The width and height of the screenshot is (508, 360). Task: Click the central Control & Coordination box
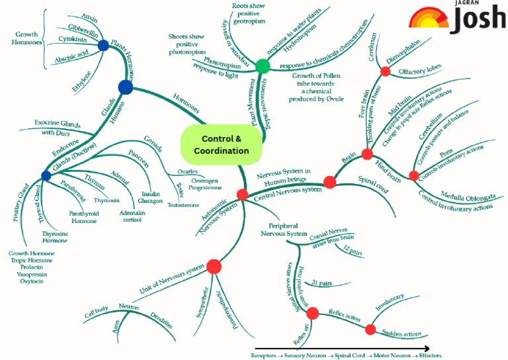(x=221, y=144)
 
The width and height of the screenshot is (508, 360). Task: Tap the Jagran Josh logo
(x=456, y=19)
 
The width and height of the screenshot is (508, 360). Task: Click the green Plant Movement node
(x=263, y=66)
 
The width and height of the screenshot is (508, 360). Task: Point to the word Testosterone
(x=183, y=205)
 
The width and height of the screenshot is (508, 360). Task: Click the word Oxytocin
(x=31, y=281)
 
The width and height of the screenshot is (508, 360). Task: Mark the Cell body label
(x=97, y=310)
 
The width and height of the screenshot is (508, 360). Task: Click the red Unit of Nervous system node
(x=213, y=267)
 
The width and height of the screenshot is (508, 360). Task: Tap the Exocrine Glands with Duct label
(x=57, y=127)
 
